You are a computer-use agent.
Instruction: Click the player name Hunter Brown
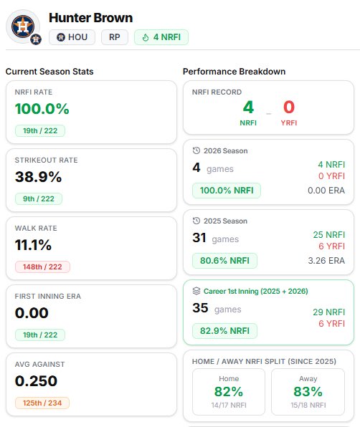coord(91,18)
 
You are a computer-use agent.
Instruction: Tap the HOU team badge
coord(72,37)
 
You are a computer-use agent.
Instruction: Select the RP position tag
coord(115,37)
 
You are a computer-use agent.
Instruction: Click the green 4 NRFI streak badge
coord(161,37)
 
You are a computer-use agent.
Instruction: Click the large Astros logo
coord(23,27)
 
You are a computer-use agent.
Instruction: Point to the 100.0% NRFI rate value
coord(42,109)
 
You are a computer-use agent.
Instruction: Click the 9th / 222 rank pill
coord(39,198)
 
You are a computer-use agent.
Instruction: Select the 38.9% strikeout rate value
coord(39,177)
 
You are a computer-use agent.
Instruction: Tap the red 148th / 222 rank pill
coord(42,267)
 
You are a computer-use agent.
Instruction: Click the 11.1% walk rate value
coord(33,245)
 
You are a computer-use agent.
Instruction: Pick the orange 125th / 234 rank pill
coord(42,403)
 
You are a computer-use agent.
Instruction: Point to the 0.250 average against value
coord(36,381)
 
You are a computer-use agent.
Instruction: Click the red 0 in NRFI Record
coord(289,107)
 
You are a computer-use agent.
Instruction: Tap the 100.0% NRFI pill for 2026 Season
coord(227,191)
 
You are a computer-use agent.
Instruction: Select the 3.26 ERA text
coord(326,261)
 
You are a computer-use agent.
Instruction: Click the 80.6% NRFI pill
coord(224,261)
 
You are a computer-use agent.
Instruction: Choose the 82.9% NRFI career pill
coord(224,331)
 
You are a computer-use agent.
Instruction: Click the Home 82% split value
coord(229,392)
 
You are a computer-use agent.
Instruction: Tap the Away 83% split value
coord(308,392)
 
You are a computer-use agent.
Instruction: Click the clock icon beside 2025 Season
coord(196,221)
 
